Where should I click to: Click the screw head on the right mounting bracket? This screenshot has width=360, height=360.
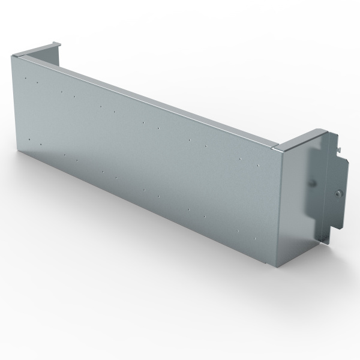(339, 193)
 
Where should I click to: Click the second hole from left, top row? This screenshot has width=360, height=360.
(37, 83)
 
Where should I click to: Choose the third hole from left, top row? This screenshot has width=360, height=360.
(62, 92)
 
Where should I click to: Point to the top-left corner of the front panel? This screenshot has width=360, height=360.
(13, 55)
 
